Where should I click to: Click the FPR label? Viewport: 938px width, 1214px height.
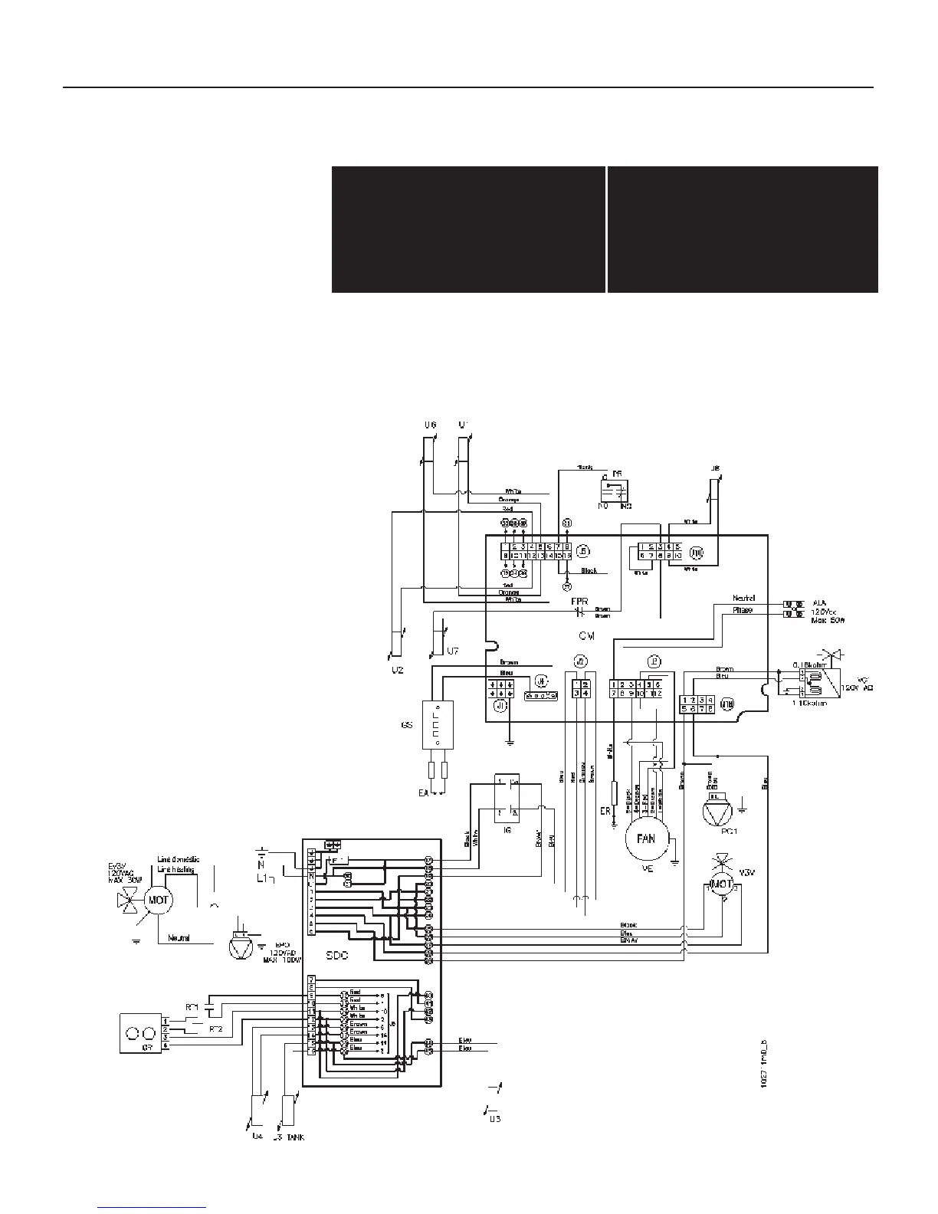coord(579,602)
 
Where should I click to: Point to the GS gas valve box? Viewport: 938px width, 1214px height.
coord(438,724)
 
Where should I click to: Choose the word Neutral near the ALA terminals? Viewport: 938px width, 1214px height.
coord(744,598)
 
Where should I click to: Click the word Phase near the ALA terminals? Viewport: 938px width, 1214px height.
coord(742,610)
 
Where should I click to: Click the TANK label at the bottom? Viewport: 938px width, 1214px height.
coord(295,1137)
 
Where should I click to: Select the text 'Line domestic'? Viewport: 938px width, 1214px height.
coord(179,859)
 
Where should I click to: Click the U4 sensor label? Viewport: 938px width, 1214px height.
coord(257,1137)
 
